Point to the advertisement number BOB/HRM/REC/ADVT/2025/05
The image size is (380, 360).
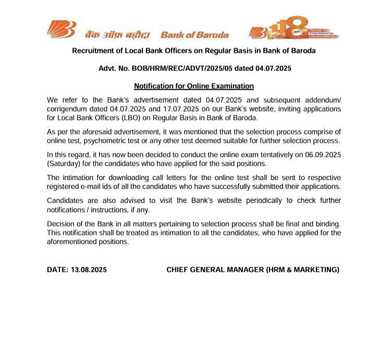coord(183,68)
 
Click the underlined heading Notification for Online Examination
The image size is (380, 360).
coord(194,86)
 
